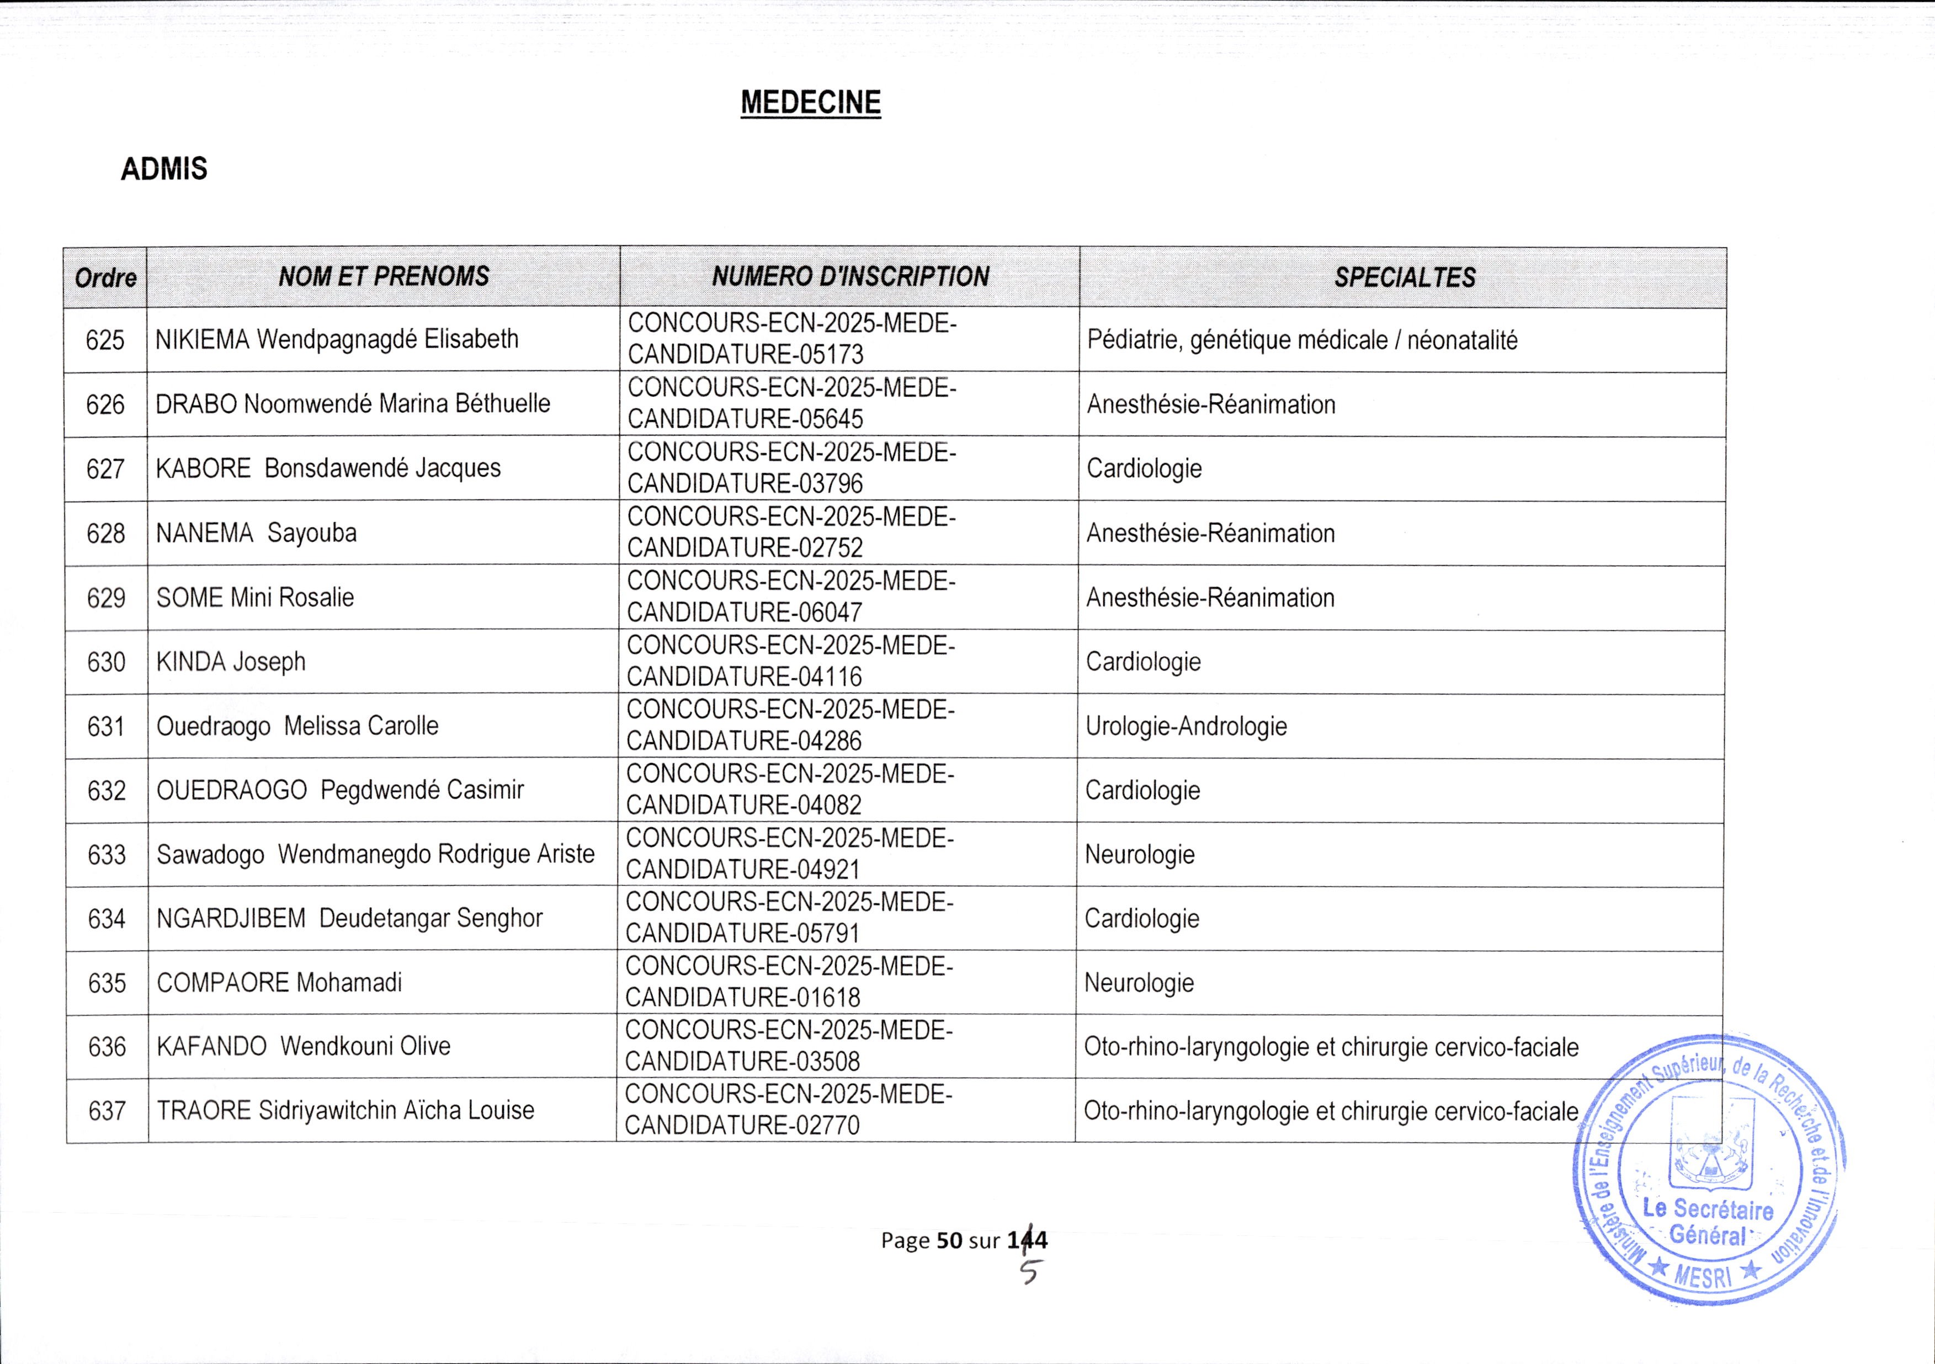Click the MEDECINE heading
coord(810,103)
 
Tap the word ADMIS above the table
coord(163,169)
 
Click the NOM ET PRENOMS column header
coord(384,276)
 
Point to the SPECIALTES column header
coord(1404,277)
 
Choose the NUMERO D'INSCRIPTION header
coord(850,276)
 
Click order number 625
coord(105,340)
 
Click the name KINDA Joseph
coord(231,662)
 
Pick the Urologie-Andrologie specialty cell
coord(1186,726)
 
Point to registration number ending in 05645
coord(792,404)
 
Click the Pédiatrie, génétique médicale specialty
coord(1302,340)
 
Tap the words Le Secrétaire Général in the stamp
coord(1708,1222)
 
